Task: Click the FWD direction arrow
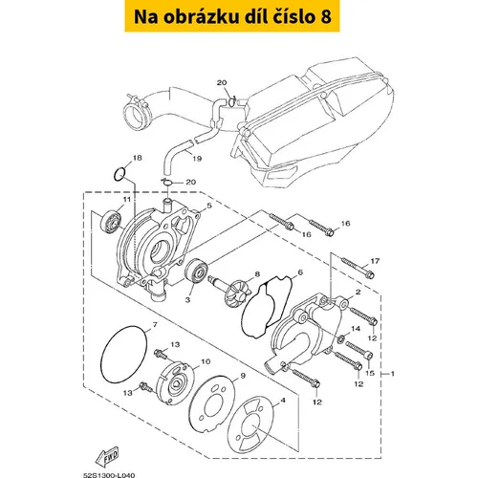[108, 456]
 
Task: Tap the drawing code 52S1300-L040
[109, 475]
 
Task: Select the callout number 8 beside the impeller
[257, 274]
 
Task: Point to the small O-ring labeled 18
[119, 174]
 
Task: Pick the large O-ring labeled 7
[123, 354]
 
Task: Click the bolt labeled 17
[358, 268]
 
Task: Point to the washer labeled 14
[341, 339]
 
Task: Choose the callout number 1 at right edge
[392, 374]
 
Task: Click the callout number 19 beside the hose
[197, 158]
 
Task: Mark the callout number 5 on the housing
[209, 206]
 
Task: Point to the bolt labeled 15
[358, 349]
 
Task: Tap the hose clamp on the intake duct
[138, 104]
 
